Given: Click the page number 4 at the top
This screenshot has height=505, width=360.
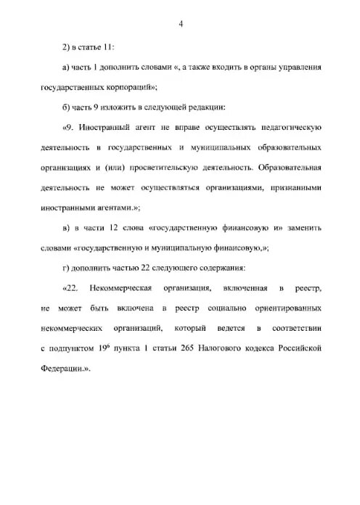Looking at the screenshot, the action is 180,26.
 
